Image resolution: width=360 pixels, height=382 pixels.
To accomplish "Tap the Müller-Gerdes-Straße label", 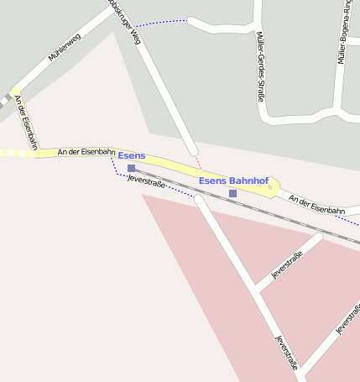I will (x=260, y=66).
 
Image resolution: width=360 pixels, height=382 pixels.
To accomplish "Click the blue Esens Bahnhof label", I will (x=233, y=181).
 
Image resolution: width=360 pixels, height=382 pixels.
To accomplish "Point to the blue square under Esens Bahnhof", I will (x=232, y=193).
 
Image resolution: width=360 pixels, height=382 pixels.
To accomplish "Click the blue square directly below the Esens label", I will (x=131, y=168).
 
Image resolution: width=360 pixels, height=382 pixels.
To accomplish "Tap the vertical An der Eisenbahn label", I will (x=25, y=123).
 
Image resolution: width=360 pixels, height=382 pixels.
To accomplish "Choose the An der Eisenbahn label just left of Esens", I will (x=86, y=152).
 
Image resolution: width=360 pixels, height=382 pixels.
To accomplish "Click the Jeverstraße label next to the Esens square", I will (x=144, y=180).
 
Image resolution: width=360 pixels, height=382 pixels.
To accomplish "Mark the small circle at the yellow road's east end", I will (x=270, y=188).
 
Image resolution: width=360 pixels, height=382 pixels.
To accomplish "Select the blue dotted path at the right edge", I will (x=347, y=221).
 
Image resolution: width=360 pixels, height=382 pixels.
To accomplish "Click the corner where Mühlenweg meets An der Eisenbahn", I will (x=16, y=91).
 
